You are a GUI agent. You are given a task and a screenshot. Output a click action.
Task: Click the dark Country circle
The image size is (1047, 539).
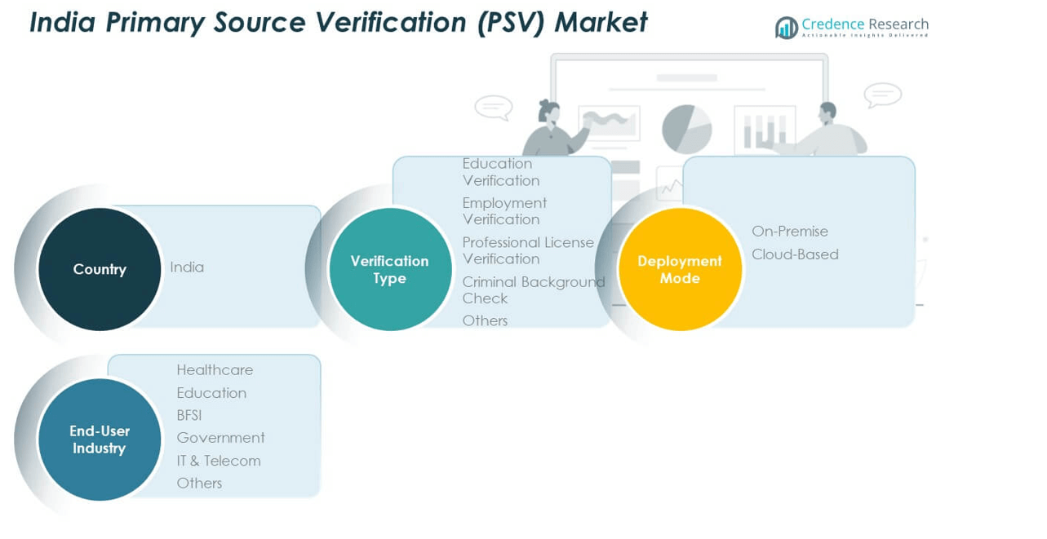(x=100, y=269)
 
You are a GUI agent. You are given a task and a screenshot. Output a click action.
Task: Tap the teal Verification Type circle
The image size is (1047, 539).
(x=390, y=269)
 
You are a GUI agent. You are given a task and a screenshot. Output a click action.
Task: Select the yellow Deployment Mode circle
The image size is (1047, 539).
(x=680, y=269)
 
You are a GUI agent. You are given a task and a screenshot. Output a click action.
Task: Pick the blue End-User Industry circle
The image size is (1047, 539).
(x=100, y=440)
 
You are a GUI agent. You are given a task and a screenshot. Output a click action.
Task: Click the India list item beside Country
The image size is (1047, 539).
(x=187, y=267)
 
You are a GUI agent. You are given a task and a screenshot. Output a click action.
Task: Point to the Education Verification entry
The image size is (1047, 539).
(x=501, y=172)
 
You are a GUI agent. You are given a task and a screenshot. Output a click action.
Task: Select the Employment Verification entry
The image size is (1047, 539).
(x=504, y=211)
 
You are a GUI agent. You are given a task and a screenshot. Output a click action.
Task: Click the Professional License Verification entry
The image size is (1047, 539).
(x=528, y=250)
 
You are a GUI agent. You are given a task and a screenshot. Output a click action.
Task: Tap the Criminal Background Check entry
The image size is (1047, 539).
(x=533, y=289)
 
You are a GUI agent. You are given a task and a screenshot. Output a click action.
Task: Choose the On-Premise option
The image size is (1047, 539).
(x=790, y=232)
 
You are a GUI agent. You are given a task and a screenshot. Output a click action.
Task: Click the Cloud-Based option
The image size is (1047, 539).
(x=795, y=254)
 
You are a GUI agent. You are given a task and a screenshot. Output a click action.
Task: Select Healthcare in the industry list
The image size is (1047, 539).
(x=215, y=370)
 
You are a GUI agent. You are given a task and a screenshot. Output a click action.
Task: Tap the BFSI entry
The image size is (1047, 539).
(x=189, y=416)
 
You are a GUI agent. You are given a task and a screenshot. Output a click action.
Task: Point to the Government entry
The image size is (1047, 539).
(x=220, y=438)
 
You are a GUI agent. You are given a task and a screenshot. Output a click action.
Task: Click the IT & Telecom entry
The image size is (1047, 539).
(x=219, y=461)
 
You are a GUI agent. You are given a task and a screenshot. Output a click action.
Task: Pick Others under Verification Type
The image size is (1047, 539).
(x=485, y=320)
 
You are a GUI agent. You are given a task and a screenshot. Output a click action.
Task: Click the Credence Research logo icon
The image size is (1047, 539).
(x=787, y=28)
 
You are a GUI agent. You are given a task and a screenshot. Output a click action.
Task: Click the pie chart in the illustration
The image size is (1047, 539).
(x=686, y=129)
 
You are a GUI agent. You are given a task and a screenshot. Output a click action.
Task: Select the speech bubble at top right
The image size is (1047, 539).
(x=882, y=95)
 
